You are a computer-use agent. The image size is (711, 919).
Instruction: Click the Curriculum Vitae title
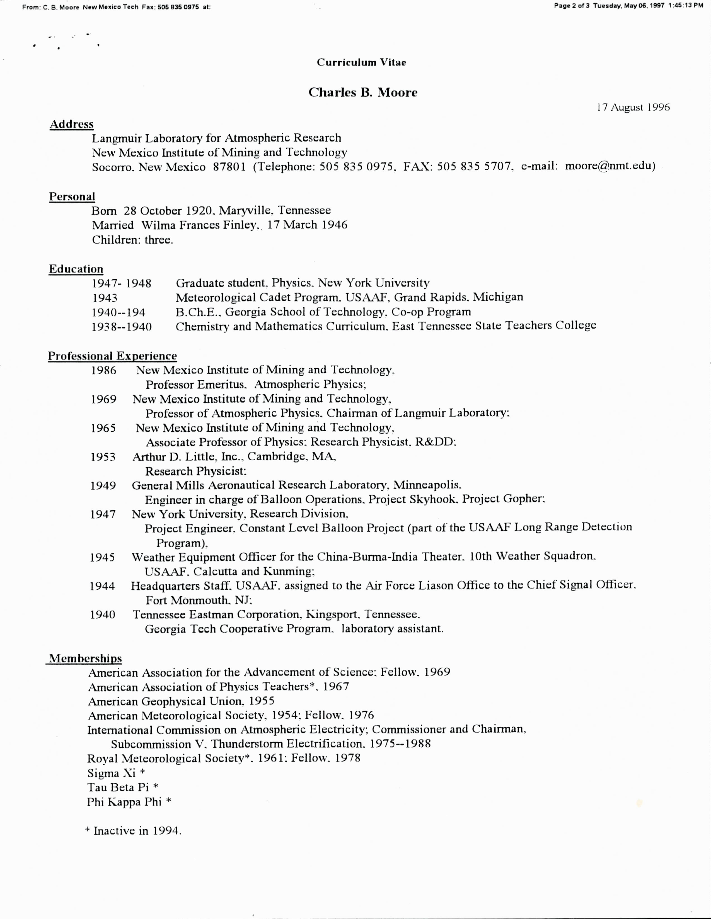[x=361, y=63]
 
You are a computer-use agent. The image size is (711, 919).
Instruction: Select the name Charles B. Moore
[x=362, y=93]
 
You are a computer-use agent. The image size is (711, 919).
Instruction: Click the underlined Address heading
[x=72, y=125]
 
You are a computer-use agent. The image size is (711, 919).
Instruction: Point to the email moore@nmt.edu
[x=610, y=166]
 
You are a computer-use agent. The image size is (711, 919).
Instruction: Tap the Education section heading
[x=76, y=269]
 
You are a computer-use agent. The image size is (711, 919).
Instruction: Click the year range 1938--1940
[x=122, y=327]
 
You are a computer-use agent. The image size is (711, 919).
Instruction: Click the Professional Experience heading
[x=112, y=356]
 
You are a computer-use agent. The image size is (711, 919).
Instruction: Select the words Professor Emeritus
[x=196, y=385]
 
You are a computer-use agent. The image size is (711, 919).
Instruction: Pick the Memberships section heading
[x=85, y=658]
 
